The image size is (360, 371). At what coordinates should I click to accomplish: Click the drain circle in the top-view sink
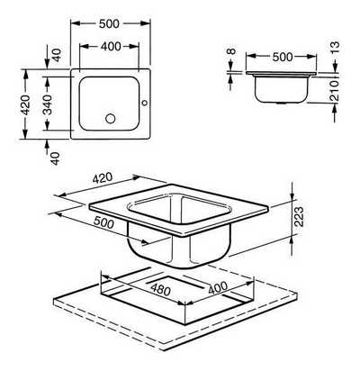point(111,118)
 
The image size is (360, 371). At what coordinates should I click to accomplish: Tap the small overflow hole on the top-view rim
point(145,103)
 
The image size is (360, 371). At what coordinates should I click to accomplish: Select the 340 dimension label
point(47,104)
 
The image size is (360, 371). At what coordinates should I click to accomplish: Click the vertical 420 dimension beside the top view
point(25,104)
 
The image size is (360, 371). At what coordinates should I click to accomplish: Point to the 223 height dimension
point(299,216)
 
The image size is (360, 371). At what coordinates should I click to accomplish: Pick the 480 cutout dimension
point(161,289)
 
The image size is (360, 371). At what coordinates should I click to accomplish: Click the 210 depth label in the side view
point(334,90)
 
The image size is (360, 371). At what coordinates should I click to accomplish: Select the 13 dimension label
point(336,48)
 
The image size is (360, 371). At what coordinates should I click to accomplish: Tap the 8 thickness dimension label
point(231,51)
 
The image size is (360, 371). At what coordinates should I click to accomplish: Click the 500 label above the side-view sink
point(283,57)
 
